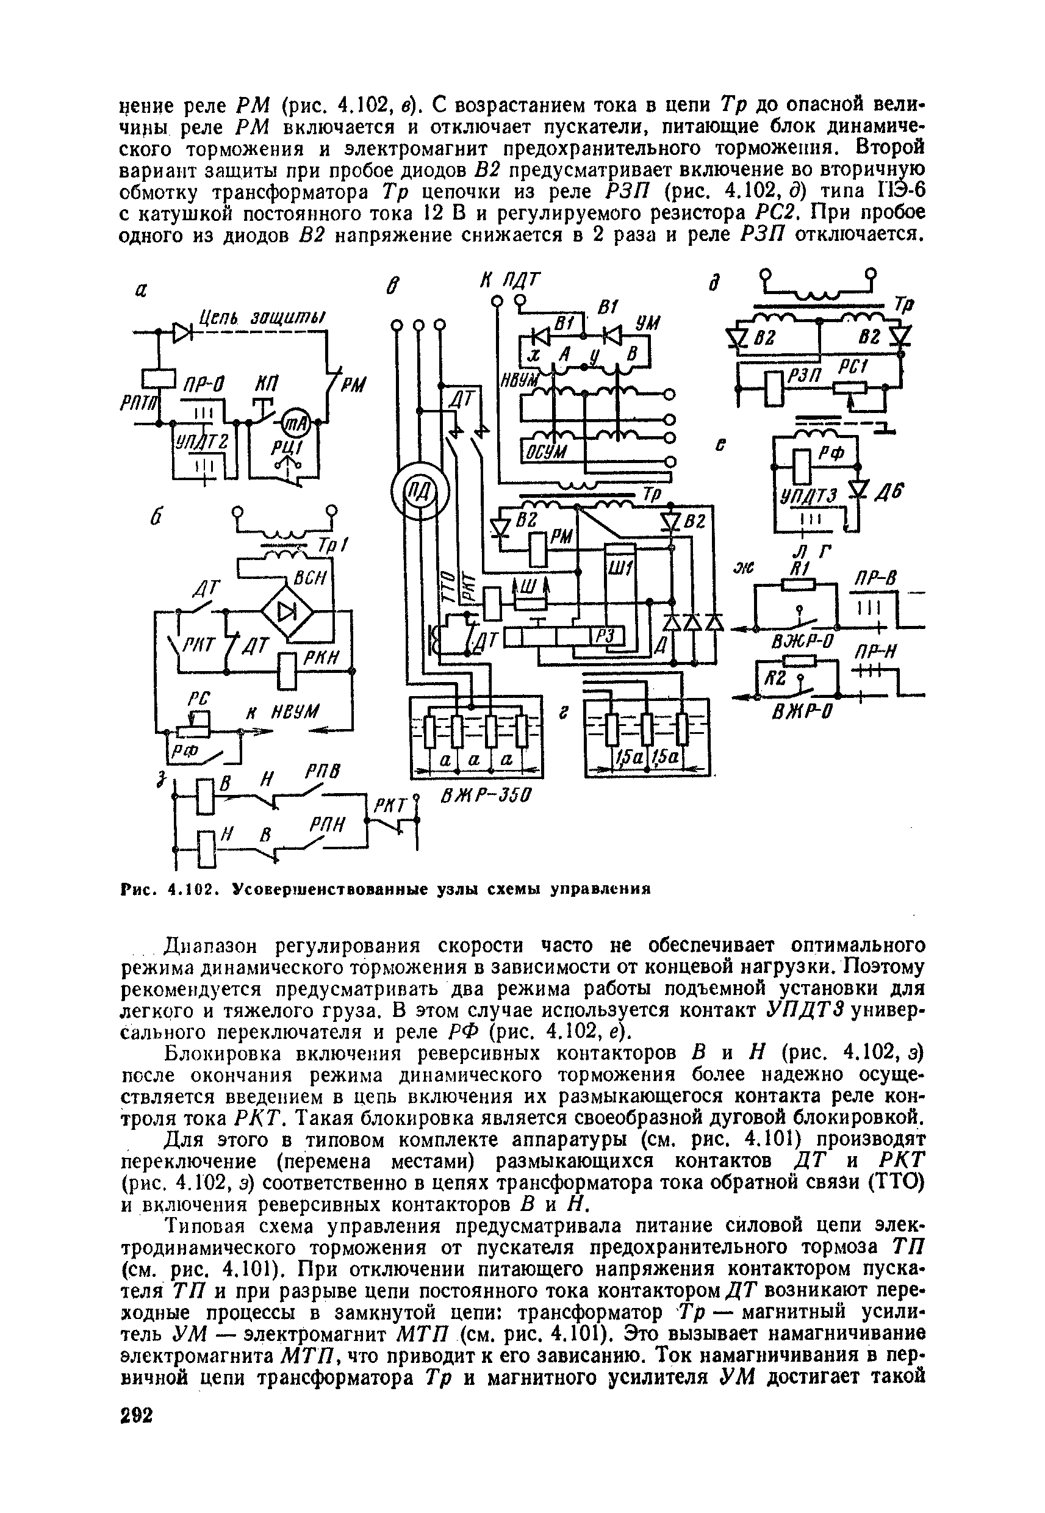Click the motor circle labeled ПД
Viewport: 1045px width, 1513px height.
click(418, 490)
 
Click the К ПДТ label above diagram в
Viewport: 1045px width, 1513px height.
click(510, 279)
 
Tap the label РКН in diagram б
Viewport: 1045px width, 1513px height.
click(319, 656)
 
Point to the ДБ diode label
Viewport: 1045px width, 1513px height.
click(888, 493)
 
